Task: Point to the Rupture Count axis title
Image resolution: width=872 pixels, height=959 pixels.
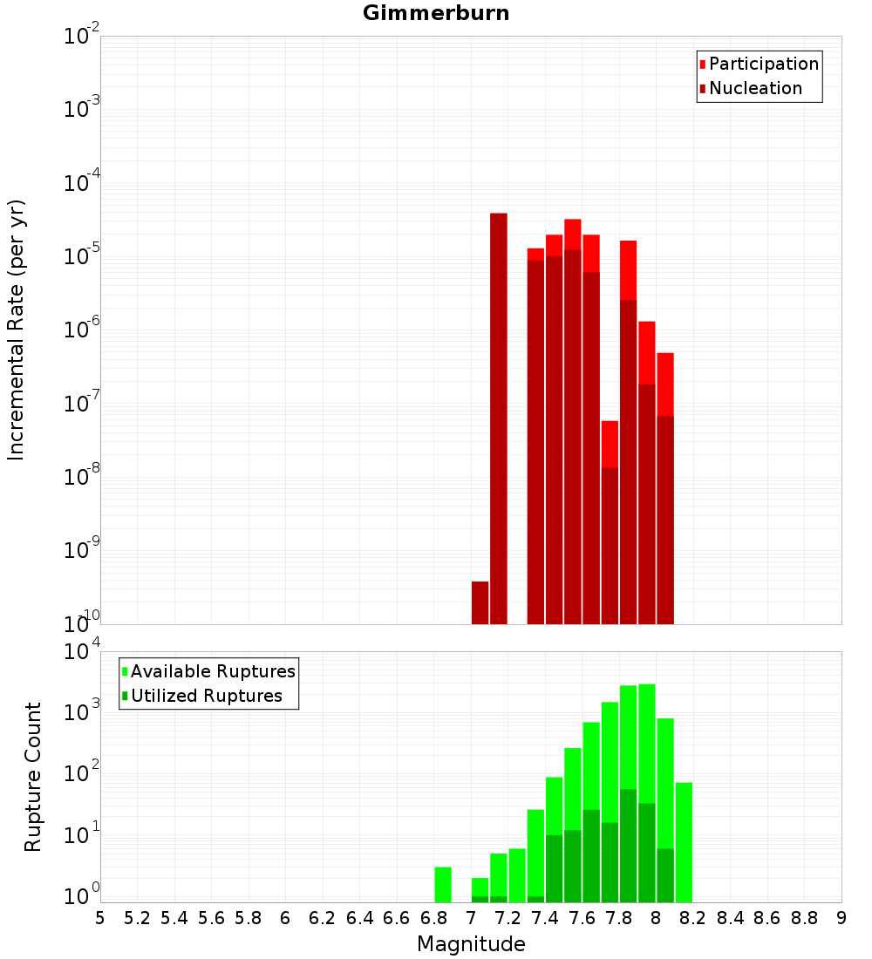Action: click(33, 777)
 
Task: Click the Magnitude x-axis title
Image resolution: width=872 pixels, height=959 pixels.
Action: click(471, 944)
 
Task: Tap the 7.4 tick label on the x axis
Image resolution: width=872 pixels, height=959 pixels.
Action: click(545, 918)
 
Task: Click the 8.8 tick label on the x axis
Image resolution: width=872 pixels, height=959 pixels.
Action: click(804, 918)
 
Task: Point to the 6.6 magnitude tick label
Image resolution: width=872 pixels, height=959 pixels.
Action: click(397, 918)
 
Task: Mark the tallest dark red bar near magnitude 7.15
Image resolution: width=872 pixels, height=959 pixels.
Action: click(499, 418)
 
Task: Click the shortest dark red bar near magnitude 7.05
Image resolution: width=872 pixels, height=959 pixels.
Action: click(480, 602)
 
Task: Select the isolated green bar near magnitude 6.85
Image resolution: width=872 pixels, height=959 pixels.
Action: click(443, 884)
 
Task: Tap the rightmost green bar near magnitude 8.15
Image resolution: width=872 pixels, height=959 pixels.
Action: click(684, 842)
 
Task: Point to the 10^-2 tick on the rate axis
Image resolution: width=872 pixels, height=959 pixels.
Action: click(82, 37)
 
